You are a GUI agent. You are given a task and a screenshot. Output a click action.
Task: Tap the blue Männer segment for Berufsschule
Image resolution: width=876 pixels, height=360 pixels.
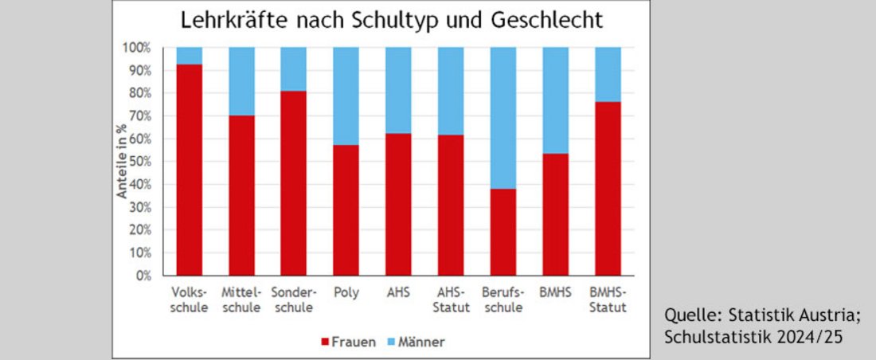503,118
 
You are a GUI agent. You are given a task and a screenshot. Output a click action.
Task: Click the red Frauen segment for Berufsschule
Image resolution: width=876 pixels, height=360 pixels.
503,232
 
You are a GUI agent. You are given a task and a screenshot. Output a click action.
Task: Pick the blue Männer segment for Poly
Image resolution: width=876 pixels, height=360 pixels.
346,96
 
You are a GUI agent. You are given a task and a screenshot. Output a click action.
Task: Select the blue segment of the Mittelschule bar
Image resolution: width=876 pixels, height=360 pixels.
241,81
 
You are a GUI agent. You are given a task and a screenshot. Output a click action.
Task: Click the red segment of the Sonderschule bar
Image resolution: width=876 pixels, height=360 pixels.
293,183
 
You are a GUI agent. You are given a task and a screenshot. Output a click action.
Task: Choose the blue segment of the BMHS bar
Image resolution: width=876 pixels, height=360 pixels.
555,100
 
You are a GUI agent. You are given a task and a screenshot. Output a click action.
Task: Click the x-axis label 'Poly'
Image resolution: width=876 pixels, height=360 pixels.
346,292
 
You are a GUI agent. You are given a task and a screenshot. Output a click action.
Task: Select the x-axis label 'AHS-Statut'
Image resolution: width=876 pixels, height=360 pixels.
451,299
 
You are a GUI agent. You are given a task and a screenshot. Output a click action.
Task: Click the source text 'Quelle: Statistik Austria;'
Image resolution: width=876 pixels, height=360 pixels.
762,315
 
